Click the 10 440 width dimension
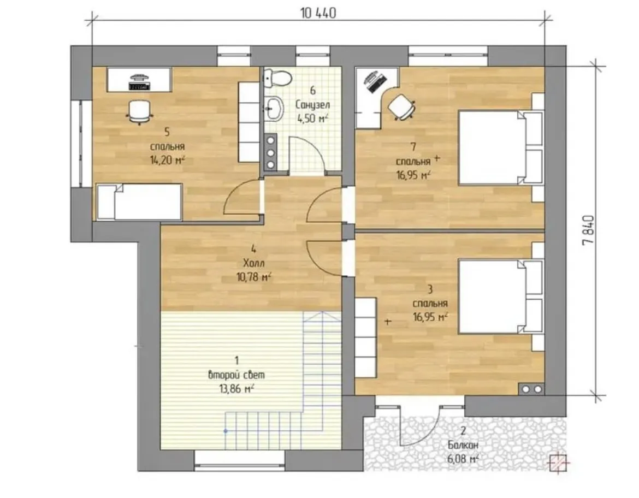click(318, 13)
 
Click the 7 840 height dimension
click(589, 230)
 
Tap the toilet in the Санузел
click(277, 78)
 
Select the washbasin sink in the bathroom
click(275, 109)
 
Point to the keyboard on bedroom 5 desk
click(139, 86)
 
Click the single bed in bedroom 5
click(139, 202)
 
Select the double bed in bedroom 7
click(502, 147)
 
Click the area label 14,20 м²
click(168, 159)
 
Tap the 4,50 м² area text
click(312, 118)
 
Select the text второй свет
click(236, 374)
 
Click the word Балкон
click(463, 445)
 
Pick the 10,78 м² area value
click(254, 277)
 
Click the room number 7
click(413, 146)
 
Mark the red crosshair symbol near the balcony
click(558, 463)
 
